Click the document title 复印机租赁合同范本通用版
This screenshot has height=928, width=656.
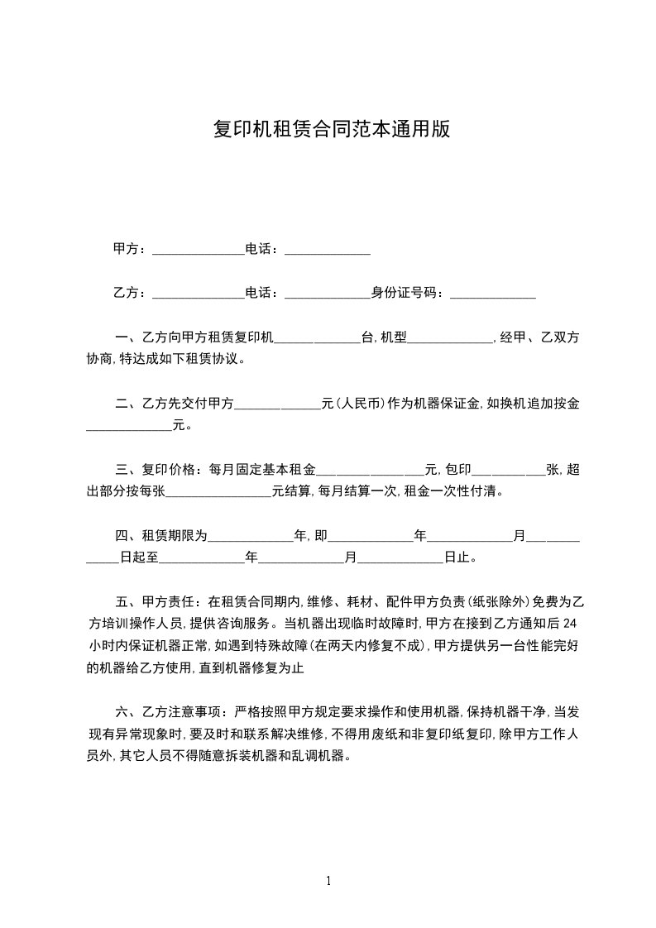(x=331, y=130)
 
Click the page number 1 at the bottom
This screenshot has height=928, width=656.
(x=328, y=880)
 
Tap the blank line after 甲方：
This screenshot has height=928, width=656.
(x=199, y=251)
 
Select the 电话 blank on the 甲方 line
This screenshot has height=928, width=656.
(x=328, y=251)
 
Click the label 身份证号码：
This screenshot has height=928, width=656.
(x=409, y=293)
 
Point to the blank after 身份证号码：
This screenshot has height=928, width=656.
(x=492, y=294)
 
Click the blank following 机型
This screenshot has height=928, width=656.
(x=450, y=339)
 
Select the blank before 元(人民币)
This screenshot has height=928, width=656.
(x=278, y=406)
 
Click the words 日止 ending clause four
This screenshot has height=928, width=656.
(x=458, y=558)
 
